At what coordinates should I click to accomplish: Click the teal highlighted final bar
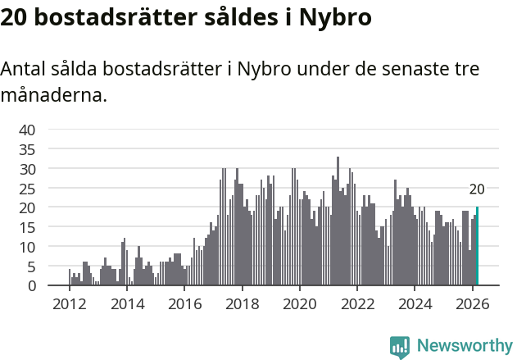477,246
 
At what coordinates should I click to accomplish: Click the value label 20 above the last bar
477,189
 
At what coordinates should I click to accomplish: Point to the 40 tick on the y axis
27,130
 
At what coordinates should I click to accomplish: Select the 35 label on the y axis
27,149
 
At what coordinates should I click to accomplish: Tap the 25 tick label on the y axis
27,188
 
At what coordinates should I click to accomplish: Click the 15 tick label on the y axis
27,227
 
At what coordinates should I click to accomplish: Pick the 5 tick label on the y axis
31,267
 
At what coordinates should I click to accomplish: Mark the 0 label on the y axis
31,286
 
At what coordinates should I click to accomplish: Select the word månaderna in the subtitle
53,95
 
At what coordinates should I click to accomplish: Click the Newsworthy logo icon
400,346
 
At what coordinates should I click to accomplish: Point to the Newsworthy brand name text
464,346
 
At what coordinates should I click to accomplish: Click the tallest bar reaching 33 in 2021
338,221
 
